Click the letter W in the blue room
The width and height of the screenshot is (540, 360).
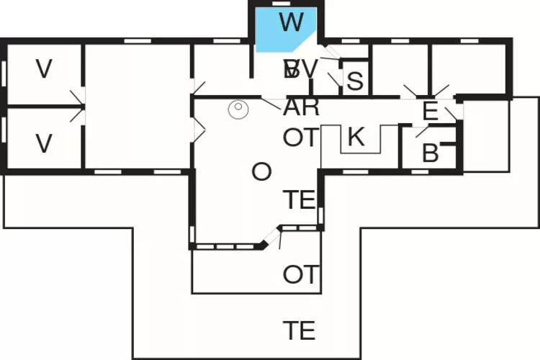tap(291, 22)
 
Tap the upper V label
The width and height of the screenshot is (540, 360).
tap(45, 69)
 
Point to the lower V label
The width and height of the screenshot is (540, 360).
tap(45, 144)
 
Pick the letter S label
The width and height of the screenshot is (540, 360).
tap(354, 81)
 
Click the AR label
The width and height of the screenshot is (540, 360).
tap(302, 107)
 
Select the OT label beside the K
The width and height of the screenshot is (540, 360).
tap(300, 138)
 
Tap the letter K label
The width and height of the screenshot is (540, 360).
tap(356, 137)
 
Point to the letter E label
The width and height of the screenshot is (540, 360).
tap(430, 112)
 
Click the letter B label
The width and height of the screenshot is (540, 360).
tap(430, 153)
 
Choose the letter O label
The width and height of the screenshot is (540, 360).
tap(262, 172)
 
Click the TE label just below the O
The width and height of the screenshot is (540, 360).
tap(299, 199)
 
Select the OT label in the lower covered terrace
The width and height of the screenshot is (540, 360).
tap(300, 274)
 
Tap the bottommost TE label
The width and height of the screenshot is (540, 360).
tap(299, 330)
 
